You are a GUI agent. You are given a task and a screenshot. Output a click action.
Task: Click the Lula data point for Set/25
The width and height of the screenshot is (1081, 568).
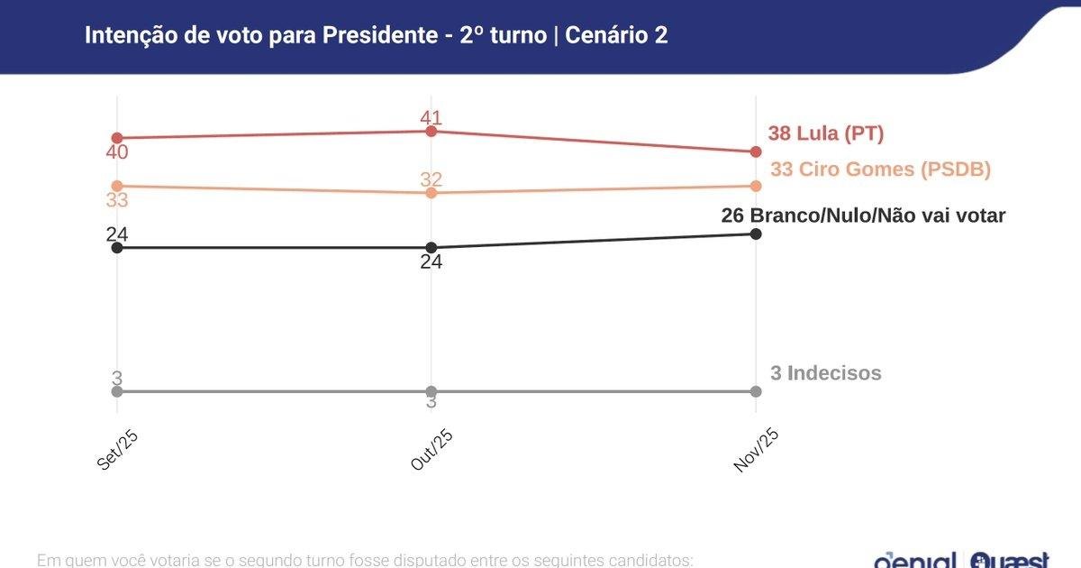116,138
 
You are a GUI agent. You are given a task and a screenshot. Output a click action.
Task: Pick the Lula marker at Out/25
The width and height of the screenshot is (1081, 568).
431,131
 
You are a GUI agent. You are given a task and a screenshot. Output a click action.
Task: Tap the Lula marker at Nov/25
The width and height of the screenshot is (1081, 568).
756,151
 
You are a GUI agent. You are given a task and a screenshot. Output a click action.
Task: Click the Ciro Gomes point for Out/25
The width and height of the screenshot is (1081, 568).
431,193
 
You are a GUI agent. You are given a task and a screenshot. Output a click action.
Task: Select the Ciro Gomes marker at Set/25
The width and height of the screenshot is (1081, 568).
116,186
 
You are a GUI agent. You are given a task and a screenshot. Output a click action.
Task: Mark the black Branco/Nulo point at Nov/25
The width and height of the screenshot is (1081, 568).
756,234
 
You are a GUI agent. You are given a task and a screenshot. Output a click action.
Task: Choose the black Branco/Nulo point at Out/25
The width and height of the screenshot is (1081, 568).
431,247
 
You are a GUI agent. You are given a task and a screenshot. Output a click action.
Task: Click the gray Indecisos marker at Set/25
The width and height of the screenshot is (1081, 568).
116,391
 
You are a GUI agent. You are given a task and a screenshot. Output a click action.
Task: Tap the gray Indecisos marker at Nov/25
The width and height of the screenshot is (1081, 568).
756,391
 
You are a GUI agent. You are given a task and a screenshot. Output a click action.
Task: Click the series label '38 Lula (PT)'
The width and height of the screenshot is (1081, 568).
826,133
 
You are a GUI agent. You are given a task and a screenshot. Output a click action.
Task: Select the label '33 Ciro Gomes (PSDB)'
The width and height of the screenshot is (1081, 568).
880,169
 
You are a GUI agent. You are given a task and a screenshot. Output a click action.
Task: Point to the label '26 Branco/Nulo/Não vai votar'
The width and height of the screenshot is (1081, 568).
863,215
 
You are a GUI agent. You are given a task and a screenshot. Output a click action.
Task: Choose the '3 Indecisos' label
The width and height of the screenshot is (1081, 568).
825,372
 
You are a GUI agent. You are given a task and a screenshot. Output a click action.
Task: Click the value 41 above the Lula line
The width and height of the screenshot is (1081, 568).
431,117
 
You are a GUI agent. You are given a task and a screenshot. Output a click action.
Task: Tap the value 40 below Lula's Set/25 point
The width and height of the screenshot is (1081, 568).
116,152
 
